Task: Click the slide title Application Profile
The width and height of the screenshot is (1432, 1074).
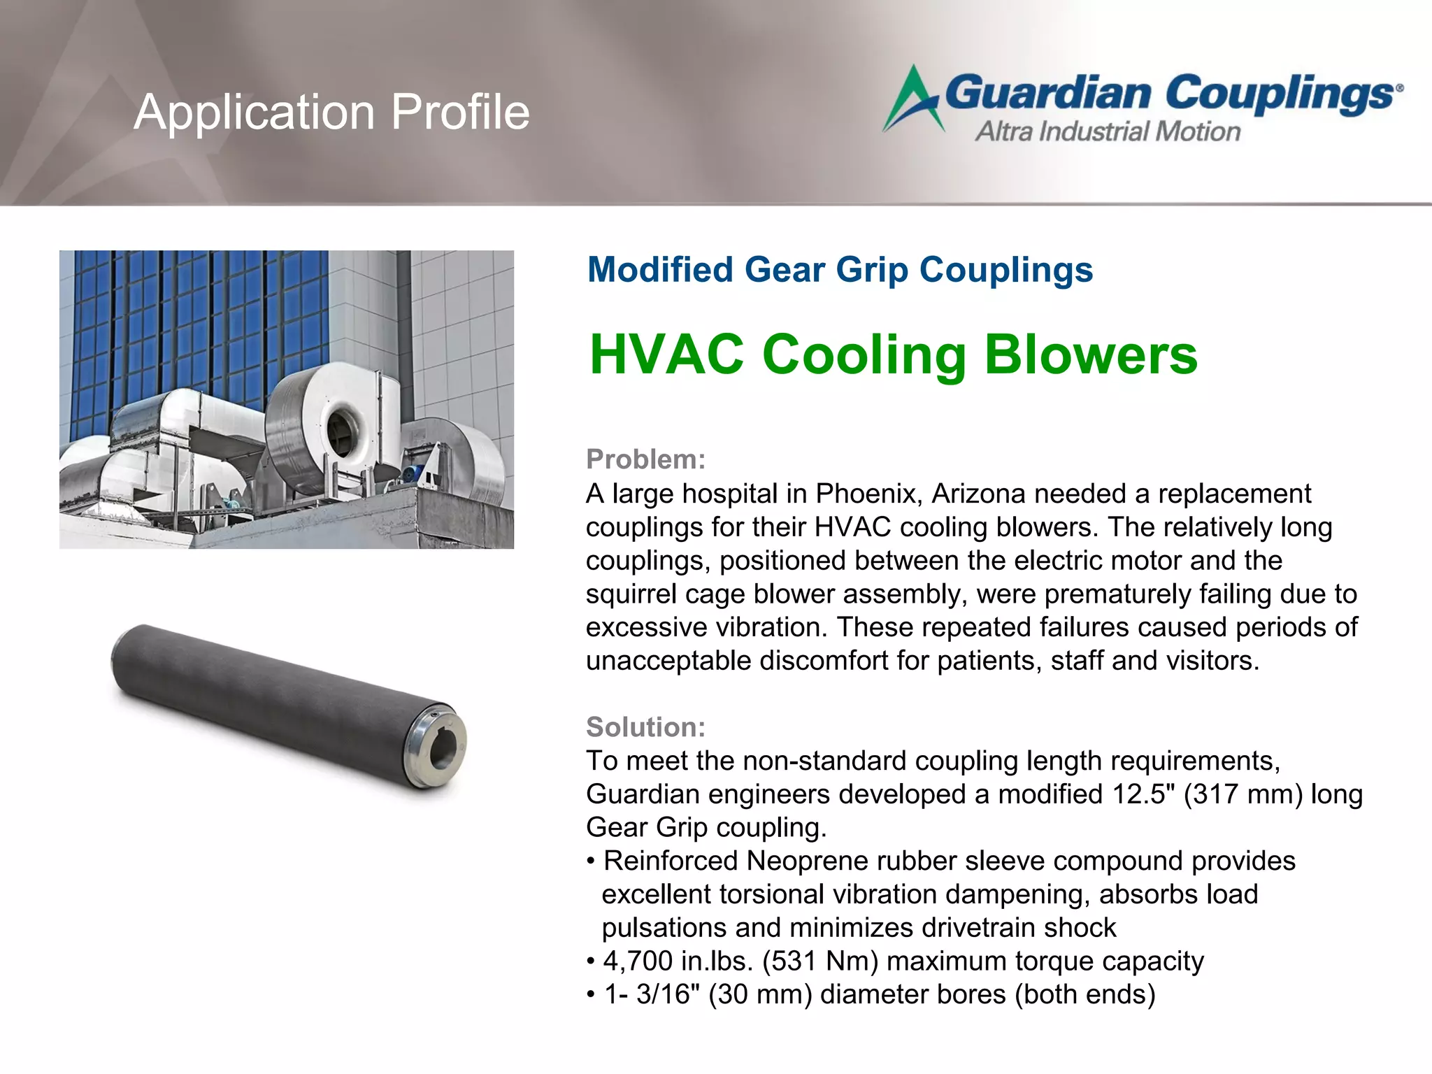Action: pos(331,112)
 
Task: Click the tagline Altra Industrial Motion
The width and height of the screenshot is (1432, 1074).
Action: pos(1108,131)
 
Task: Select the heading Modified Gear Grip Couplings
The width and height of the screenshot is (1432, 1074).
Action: pos(840,270)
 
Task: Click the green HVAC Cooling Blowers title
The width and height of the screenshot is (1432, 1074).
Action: pos(893,355)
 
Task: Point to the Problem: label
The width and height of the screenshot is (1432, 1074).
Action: pos(645,459)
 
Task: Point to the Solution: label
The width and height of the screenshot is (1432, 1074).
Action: pos(645,727)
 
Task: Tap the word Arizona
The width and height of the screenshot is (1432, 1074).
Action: pos(978,494)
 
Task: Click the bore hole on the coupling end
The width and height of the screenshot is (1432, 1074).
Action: pos(442,749)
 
